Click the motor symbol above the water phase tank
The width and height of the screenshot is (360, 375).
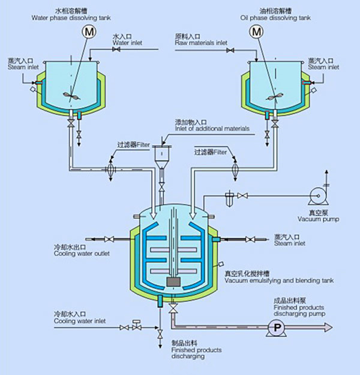[88, 32]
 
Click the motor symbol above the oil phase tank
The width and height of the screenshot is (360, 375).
[257, 32]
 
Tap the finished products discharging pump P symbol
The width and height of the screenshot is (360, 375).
[276, 327]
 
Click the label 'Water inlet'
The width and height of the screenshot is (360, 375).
[127, 43]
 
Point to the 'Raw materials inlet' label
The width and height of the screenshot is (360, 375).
[201, 43]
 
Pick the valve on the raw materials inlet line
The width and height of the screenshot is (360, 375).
[230, 49]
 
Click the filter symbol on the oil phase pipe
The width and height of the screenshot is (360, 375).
[235, 168]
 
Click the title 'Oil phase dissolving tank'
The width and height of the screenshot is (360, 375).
[275, 18]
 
